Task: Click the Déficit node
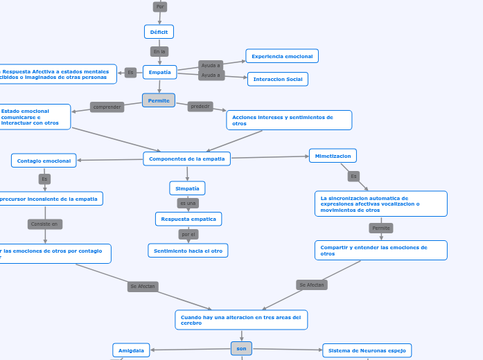click(159, 32)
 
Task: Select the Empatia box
click(159, 72)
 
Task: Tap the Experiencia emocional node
click(282, 56)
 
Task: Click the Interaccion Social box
click(277, 79)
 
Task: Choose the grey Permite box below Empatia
click(159, 100)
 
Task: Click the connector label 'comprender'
click(107, 107)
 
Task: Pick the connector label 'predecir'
click(200, 106)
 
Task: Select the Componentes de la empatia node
click(186, 159)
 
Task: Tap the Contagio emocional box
click(44, 161)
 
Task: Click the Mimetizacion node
click(333, 156)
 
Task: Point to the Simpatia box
click(187, 188)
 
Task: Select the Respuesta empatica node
click(188, 219)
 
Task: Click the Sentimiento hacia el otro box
click(188, 251)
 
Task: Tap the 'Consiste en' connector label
click(45, 224)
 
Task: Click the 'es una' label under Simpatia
click(188, 203)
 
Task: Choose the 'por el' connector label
click(188, 234)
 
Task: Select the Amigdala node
click(131, 350)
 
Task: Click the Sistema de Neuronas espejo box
click(367, 350)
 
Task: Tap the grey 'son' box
click(241, 348)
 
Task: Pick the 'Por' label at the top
click(160, 6)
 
